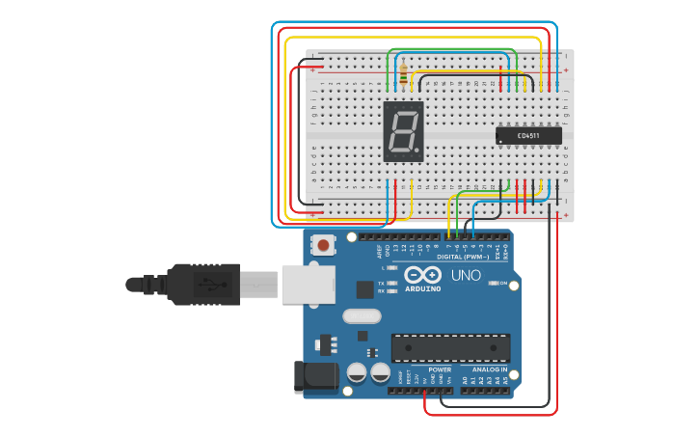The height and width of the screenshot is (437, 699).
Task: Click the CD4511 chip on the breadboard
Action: (x=528, y=136)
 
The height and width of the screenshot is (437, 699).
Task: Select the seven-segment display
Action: (x=404, y=130)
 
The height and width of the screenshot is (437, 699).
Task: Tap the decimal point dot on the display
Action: (x=418, y=152)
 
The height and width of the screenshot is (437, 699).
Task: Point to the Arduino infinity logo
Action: (x=422, y=274)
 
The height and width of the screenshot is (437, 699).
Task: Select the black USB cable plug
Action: (x=202, y=285)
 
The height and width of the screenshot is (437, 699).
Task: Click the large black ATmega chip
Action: (x=450, y=348)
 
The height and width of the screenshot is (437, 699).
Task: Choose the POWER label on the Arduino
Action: (x=440, y=369)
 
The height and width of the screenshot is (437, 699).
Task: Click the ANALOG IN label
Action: (x=489, y=369)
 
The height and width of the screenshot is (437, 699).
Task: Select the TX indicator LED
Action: (x=393, y=282)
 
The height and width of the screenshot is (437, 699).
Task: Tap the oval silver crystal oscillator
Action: (x=362, y=315)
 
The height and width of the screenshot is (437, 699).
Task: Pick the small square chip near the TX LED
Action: (x=364, y=288)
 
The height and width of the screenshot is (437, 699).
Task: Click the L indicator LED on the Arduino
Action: (x=393, y=266)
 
